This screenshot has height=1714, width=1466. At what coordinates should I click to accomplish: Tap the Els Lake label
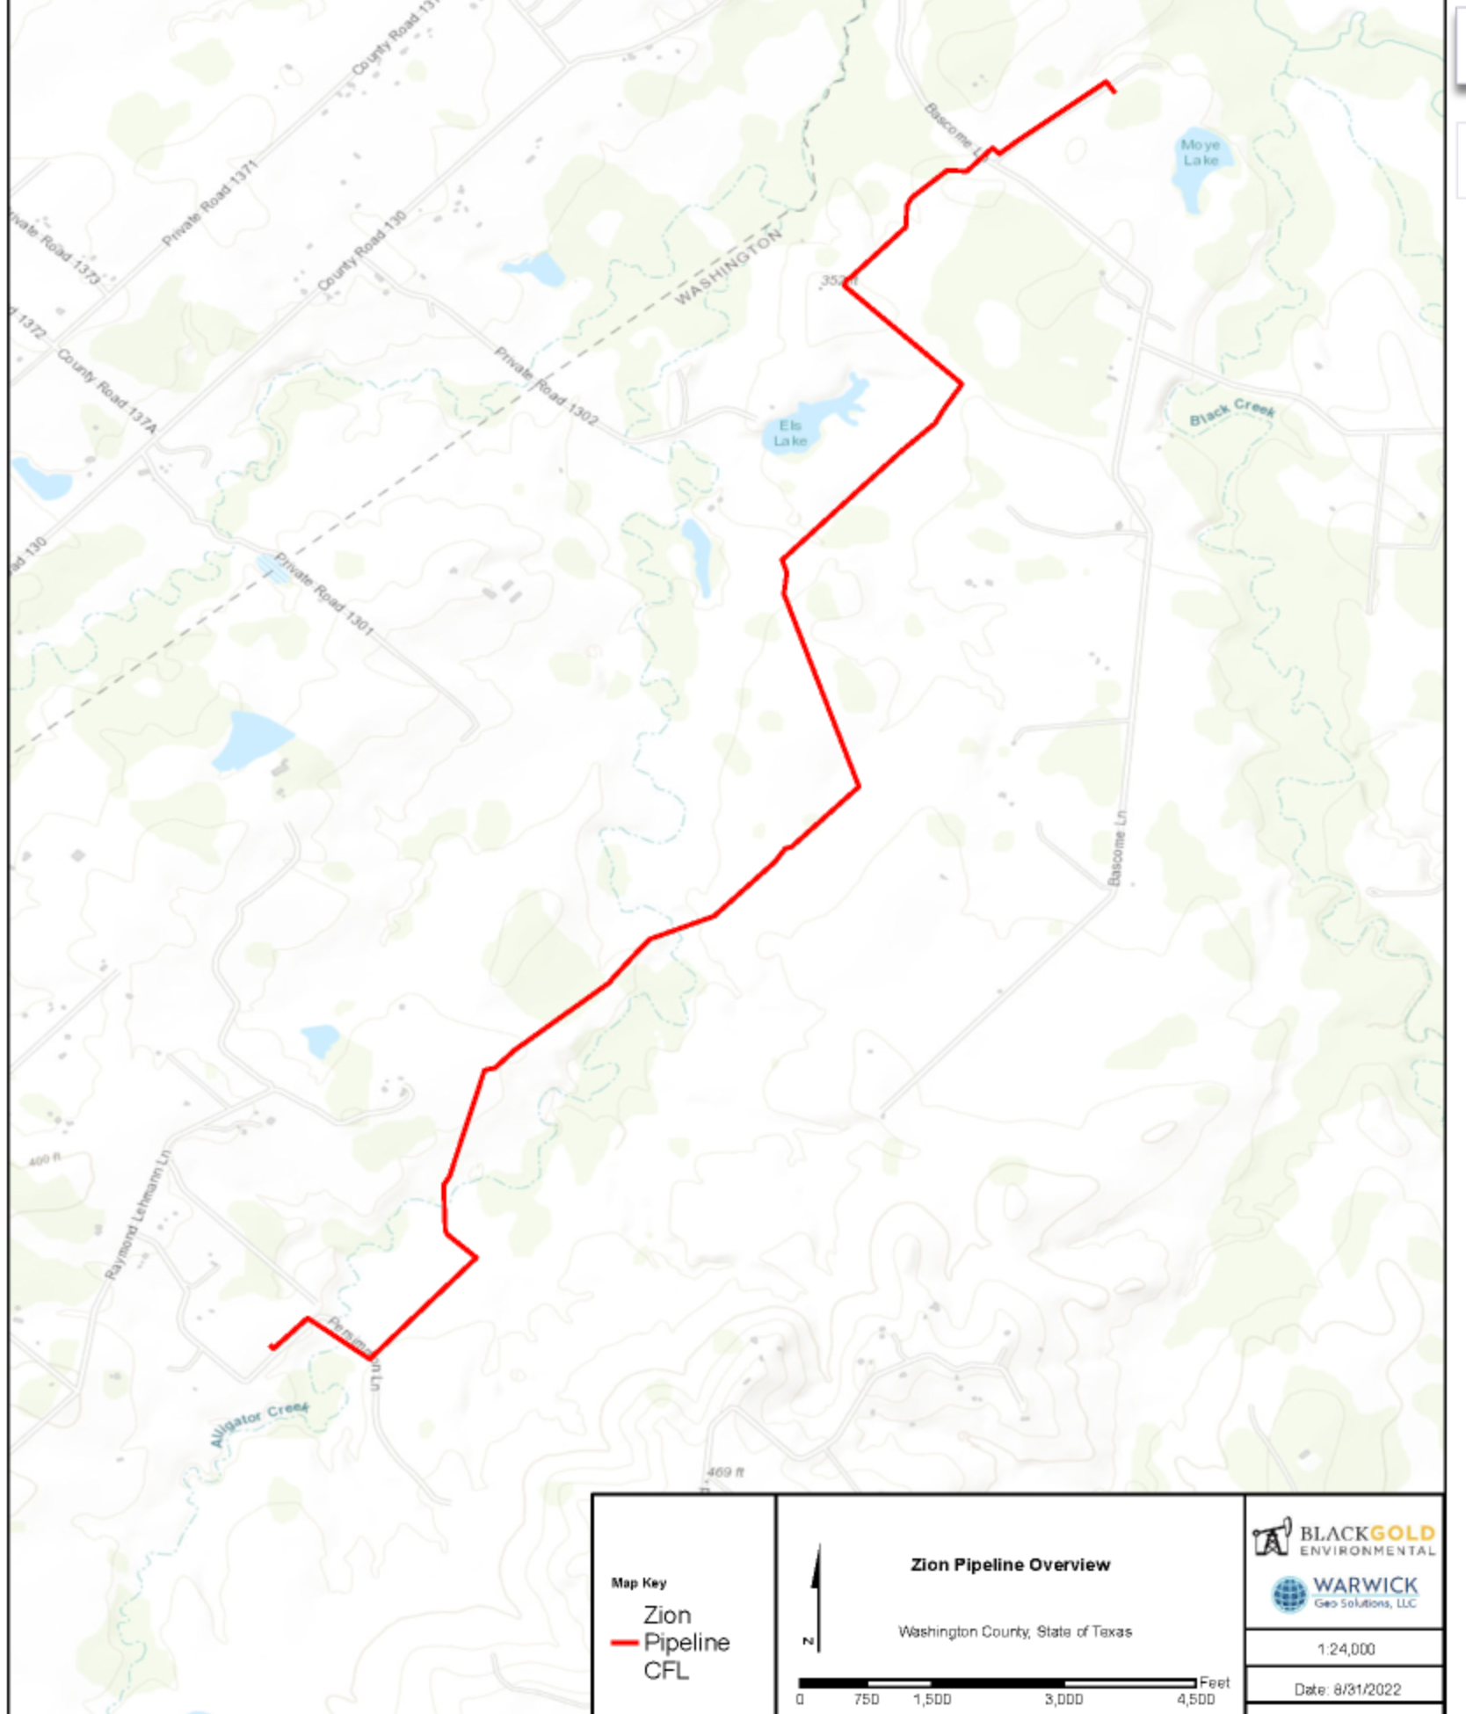[789, 433]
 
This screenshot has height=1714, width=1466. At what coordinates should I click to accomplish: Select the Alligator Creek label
[259, 1423]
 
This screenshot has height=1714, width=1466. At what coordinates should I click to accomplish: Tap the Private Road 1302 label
[546, 388]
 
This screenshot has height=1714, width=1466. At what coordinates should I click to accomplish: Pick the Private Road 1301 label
[323, 594]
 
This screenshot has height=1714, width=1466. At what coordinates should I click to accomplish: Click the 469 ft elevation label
[725, 1471]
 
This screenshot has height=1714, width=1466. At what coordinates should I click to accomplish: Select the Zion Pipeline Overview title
[1010, 1565]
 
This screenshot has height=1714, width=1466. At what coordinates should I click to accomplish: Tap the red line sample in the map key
[624, 1642]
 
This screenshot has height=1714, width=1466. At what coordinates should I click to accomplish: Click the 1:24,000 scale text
[1345, 1649]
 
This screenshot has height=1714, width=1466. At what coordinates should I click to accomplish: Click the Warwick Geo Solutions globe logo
[1289, 1594]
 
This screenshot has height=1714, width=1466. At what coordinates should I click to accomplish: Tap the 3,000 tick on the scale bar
[1063, 1699]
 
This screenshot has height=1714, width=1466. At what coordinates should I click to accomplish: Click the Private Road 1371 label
[210, 203]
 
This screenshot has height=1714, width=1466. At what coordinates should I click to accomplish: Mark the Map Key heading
[639, 1583]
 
